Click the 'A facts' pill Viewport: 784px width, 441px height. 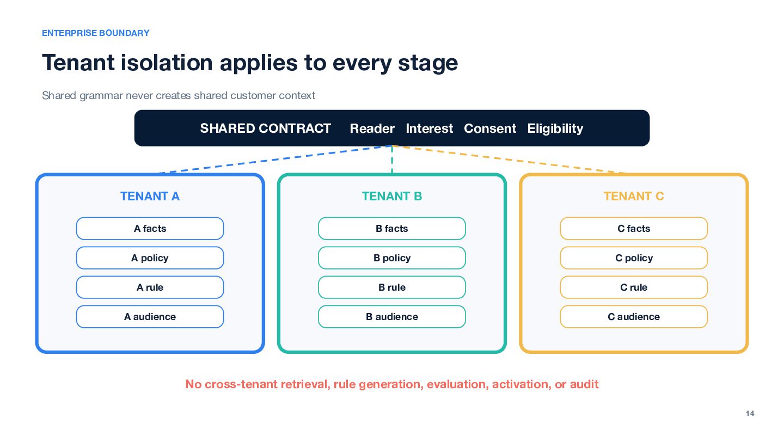pyautogui.click(x=150, y=229)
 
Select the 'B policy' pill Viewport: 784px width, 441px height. pyautogui.click(x=391, y=258)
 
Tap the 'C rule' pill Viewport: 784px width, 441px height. pyautogui.click(x=634, y=287)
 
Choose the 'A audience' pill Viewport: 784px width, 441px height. pyautogui.click(x=150, y=317)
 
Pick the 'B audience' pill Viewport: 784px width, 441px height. pyautogui.click(x=391, y=317)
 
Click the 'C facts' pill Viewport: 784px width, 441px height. pyautogui.click(x=634, y=229)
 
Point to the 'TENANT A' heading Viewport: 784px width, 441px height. pyautogui.click(x=150, y=197)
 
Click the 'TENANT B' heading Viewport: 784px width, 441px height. pyautogui.click(x=391, y=197)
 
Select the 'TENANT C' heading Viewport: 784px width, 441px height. pyautogui.click(x=634, y=197)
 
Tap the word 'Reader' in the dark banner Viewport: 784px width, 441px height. pyautogui.click(x=372, y=128)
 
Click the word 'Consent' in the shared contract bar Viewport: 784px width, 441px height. pyautogui.click(x=489, y=128)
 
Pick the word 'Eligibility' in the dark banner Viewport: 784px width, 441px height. pyautogui.click(x=555, y=129)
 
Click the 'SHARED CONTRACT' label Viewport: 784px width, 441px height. pyautogui.click(x=265, y=128)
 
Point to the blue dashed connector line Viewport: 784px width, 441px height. pyautogui.click(x=275, y=159)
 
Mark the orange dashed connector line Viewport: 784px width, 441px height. pyautogui.click(x=509, y=159)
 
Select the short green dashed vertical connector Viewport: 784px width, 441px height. pyautogui.click(x=392, y=160)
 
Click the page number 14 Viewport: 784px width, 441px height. pyautogui.click(x=750, y=413)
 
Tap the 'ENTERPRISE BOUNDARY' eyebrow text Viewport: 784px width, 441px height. pyautogui.click(x=96, y=33)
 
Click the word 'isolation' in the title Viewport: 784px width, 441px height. pyautogui.click(x=167, y=63)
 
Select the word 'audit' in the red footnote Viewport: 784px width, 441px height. pyautogui.click(x=584, y=384)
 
